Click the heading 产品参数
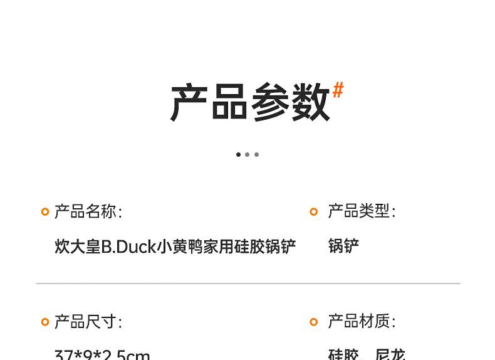tap(249, 102)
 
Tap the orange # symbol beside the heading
tap(338, 90)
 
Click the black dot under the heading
tap(238, 154)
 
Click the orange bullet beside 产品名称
tap(45, 212)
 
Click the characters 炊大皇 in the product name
tap(78, 246)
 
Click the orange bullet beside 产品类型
tap(314, 212)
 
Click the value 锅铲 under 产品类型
tap(343, 246)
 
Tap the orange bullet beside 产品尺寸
tap(45, 322)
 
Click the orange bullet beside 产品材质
tap(314, 322)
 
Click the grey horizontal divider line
tap(248, 283)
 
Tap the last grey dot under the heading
tap(256, 154)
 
